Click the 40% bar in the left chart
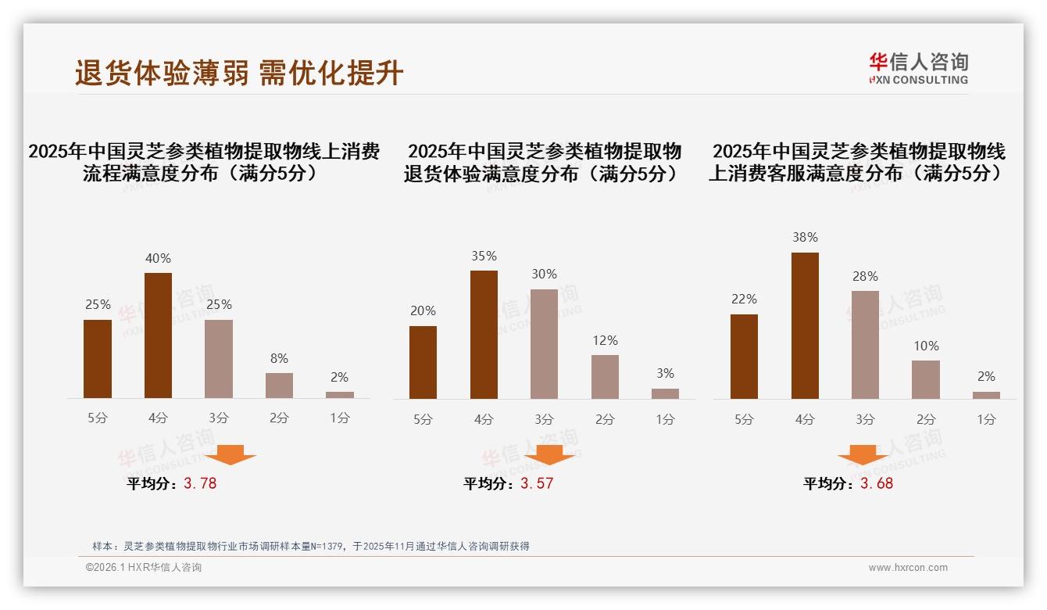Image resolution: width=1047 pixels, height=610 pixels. (x=158, y=335)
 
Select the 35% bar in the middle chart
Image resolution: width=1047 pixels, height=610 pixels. (x=484, y=335)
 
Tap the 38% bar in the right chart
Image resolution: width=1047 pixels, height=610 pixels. (x=805, y=325)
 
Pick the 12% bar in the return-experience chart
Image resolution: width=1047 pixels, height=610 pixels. (x=605, y=377)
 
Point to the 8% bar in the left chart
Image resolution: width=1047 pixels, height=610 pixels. (x=279, y=386)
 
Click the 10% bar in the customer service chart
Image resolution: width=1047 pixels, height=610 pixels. (x=925, y=379)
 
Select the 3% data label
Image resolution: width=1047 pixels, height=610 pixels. (x=665, y=374)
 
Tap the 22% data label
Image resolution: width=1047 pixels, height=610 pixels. (x=744, y=300)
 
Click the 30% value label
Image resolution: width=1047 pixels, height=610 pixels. (x=544, y=274)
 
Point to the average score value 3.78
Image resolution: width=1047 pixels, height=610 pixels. (x=200, y=483)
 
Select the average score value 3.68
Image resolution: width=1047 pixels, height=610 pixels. (x=877, y=483)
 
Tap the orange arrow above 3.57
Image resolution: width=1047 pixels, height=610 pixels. (x=549, y=455)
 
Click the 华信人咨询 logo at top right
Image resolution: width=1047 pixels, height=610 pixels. (x=918, y=68)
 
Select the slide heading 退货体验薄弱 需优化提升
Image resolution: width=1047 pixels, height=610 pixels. (x=239, y=73)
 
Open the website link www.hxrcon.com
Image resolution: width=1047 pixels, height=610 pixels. (x=908, y=568)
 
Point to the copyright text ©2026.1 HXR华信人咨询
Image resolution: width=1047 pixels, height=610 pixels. (x=144, y=568)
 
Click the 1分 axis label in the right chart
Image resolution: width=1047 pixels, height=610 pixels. (x=986, y=420)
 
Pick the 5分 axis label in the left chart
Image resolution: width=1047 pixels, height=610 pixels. (x=98, y=418)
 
